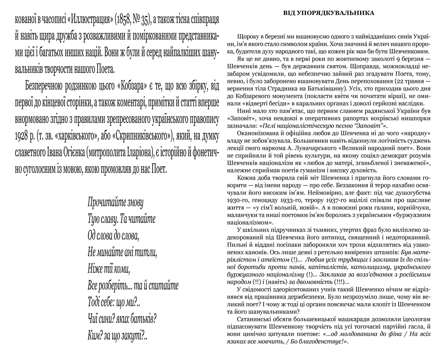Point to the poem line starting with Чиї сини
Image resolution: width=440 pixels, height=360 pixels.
coord(122,318)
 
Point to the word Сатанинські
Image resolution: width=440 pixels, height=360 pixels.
coord(255,319)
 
